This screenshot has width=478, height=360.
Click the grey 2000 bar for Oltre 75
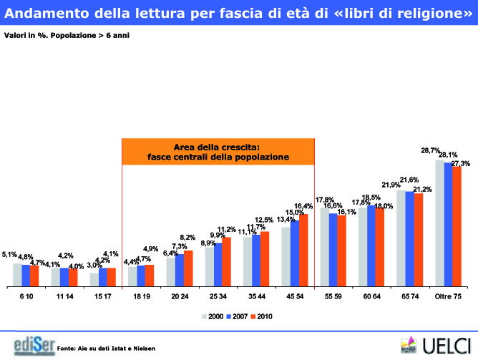tap(439, 223)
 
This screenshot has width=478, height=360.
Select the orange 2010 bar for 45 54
tap(303, 250)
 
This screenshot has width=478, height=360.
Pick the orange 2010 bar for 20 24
tap(188, 268)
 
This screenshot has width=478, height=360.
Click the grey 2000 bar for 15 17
tap(94, 279)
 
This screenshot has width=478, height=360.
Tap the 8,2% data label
tap(187, 237)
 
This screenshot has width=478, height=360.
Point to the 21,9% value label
tap(391, 185)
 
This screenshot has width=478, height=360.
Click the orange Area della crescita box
tap(218, 152)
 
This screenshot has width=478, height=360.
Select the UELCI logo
tap(437, 344)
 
